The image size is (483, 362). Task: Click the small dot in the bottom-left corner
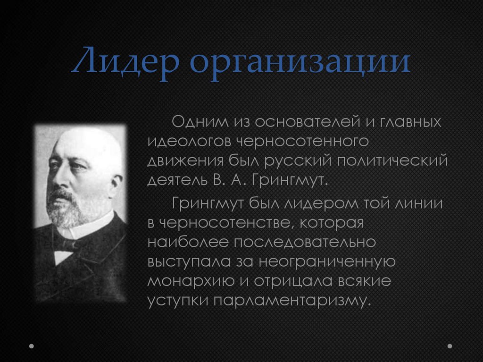coord(32,346)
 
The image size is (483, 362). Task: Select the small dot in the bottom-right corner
coord(450,346)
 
